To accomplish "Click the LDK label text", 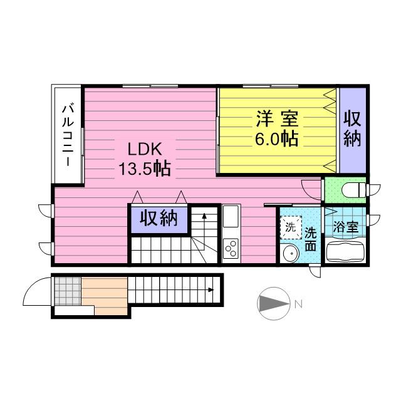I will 145,150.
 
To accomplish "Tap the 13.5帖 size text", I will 145,169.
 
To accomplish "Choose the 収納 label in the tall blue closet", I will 353,130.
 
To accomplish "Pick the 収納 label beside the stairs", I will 159,218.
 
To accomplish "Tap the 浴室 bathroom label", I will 345,227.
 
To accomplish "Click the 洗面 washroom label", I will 310,239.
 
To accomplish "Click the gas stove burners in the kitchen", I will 231,249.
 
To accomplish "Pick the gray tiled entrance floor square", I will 66,289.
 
